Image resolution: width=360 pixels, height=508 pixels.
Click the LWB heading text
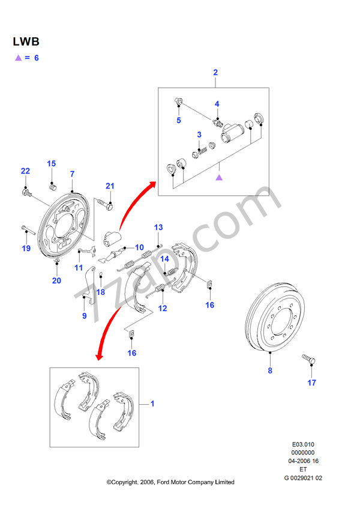26,42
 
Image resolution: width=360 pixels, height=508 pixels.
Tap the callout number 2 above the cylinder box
215,73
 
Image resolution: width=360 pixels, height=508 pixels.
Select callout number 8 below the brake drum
270,370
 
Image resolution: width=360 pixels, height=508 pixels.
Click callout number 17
311,383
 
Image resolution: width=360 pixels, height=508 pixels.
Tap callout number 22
25,171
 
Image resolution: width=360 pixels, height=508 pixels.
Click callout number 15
52,164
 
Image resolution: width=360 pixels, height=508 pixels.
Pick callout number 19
26,248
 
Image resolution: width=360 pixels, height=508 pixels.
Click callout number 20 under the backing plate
56,280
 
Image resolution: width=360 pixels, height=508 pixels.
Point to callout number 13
158,228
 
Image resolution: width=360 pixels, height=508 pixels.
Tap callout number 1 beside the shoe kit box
152,404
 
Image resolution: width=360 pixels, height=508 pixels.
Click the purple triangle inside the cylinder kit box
219,177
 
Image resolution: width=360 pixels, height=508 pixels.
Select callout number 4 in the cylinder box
218,104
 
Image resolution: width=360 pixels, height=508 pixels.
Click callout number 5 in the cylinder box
178,120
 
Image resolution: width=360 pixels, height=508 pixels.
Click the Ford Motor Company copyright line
170,482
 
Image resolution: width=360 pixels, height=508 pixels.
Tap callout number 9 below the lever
84,316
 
